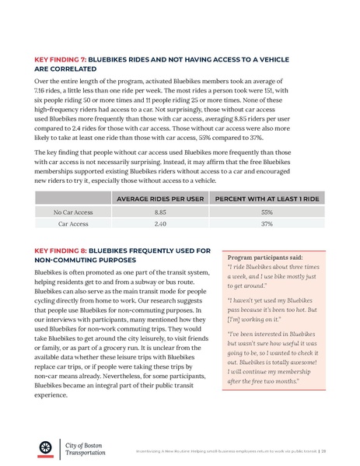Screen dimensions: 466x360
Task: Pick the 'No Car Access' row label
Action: (73, 211)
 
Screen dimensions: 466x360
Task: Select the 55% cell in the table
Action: (267, 211)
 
